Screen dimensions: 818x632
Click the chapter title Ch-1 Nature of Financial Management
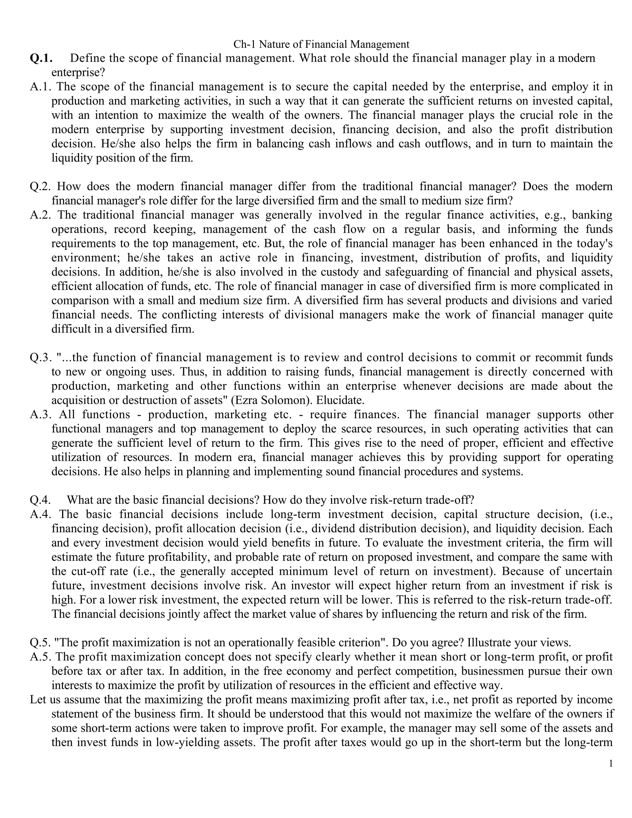(x=321, y=44)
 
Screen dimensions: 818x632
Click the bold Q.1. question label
(x=41, y=58)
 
